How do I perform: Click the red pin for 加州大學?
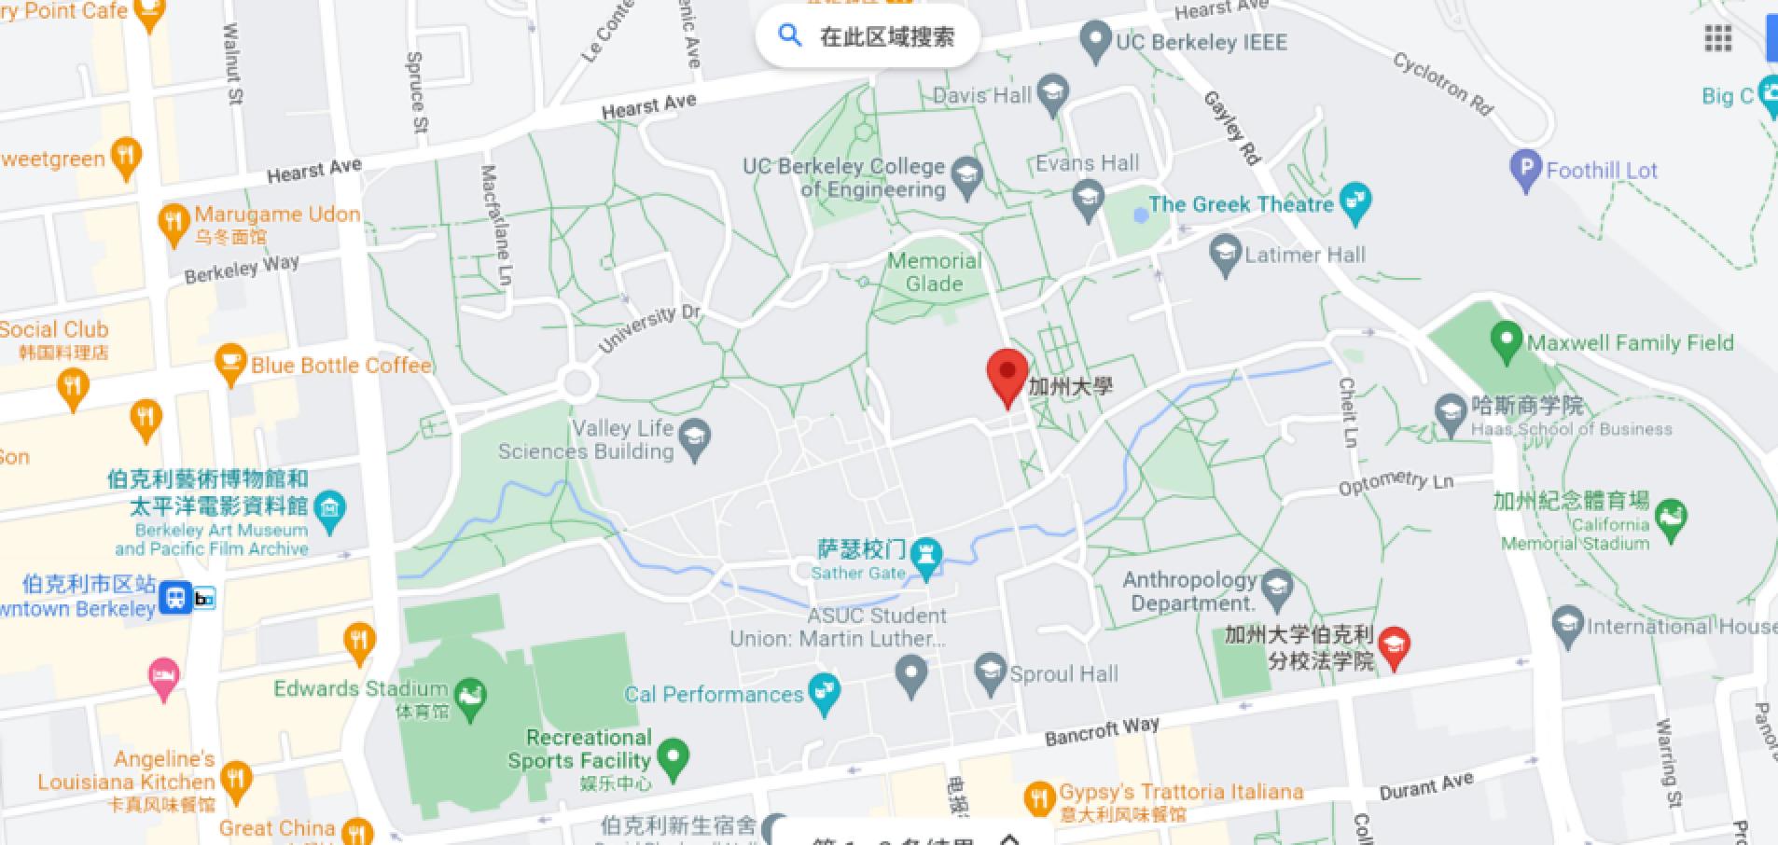pyautogui.click(x=1007, y=374)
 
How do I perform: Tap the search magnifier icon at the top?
pyautogui.click(x=790, y=36)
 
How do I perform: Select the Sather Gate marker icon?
pyautogui.click(x=926, y=557)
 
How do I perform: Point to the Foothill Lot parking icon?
pyautogui.click(x=1525, y=169)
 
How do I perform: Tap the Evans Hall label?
pyautogui.click(x=1088, y=164)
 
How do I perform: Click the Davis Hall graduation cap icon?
pyautogui.click(x=1053, y=94)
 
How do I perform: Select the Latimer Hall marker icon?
pyautogui.click(x=1225, y=255)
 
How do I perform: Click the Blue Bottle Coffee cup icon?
pyautogui.click(x=230, y=364)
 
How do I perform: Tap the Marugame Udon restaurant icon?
pyautogui.click(x=174, y=224)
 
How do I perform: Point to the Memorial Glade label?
pyautogui.click(x=934, y=272)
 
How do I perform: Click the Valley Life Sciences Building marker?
pyautogui.click(x=695, y=438)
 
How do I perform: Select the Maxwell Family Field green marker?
pyautogui.click(x=1506, y=341)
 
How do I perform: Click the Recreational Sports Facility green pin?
pyautogui.click(x=673, y=758)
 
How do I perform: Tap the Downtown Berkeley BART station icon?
pyautogui.click(x=175, y=598)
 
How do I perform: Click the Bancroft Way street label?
pyautogui.click(x=1102, y=730)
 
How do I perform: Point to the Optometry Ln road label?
pyautogui.click(x=1396, y=483)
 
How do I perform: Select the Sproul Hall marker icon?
pyautogui.click(x=990, y=672)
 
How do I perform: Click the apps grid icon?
pyautogui.click(x=1717, y=38)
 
